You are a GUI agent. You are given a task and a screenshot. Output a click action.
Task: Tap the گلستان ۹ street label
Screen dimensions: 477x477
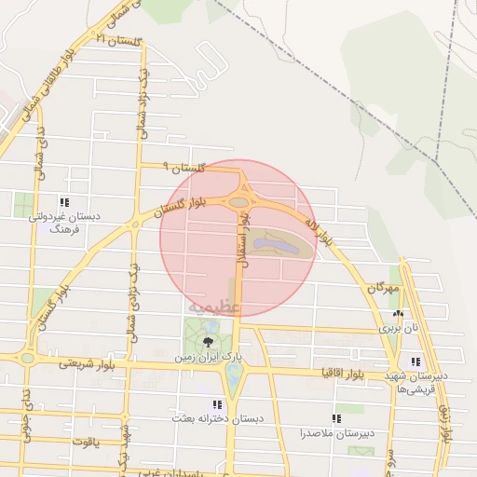coord(182,168)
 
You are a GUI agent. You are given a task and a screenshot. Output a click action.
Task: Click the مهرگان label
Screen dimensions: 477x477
coord(382,290)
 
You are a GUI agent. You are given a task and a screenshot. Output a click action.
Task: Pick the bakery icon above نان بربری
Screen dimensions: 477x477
coord(399,314)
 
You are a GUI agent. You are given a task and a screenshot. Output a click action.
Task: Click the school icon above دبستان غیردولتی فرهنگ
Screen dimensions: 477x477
coord(63,201)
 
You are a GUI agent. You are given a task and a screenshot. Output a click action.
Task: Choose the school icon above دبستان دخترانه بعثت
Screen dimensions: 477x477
coord(217,404)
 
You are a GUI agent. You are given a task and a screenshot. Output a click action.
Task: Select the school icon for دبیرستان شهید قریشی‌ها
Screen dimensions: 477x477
coord(415,361)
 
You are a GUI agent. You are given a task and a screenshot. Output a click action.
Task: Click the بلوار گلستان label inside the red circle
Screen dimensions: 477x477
coord(193,203)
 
